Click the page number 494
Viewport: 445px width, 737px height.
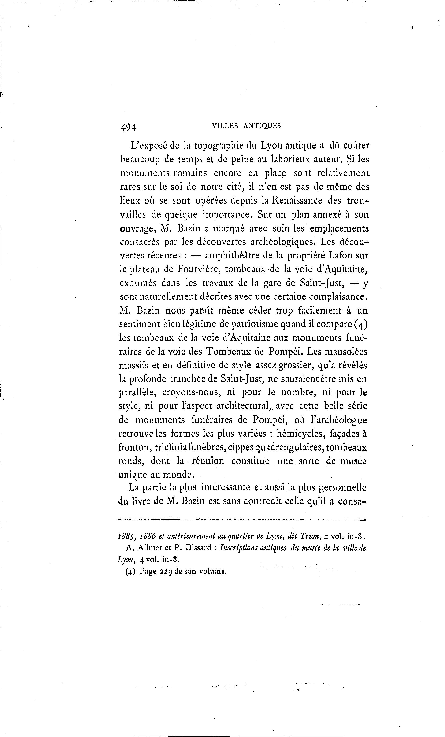click(x=128, y=127)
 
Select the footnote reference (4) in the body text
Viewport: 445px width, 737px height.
click(x=360, y=324)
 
